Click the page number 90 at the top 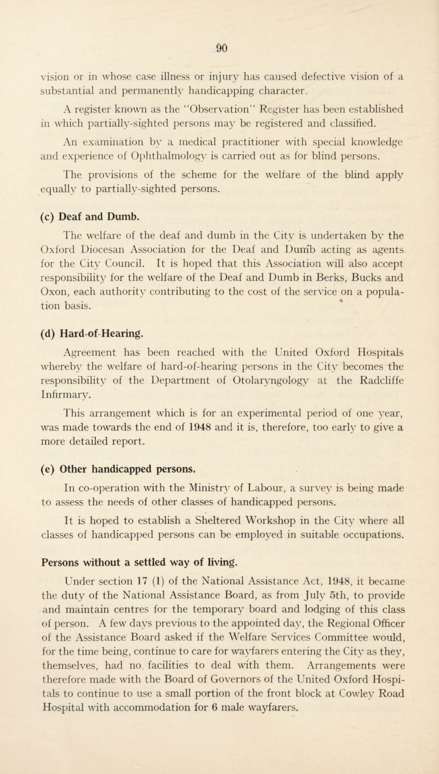tap(219, 25)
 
